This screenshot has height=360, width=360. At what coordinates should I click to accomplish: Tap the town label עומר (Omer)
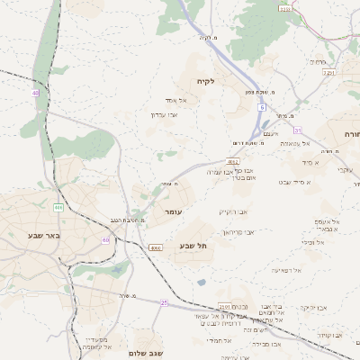click(172, 211)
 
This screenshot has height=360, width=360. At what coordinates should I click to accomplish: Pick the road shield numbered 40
click(35, 93)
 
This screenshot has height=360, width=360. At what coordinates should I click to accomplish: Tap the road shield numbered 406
click(58, 208)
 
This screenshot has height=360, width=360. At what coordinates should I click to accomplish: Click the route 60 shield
click(106, 240)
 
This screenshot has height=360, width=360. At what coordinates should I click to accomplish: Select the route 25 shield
click(165, 303)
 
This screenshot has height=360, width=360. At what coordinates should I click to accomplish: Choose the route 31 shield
click(297, 130)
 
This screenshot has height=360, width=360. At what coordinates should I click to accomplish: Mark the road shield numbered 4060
click(156, 247)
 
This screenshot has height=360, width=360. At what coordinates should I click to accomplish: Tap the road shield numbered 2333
click(285, 10)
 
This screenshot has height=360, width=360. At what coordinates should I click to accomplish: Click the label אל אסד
click(175, 100)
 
